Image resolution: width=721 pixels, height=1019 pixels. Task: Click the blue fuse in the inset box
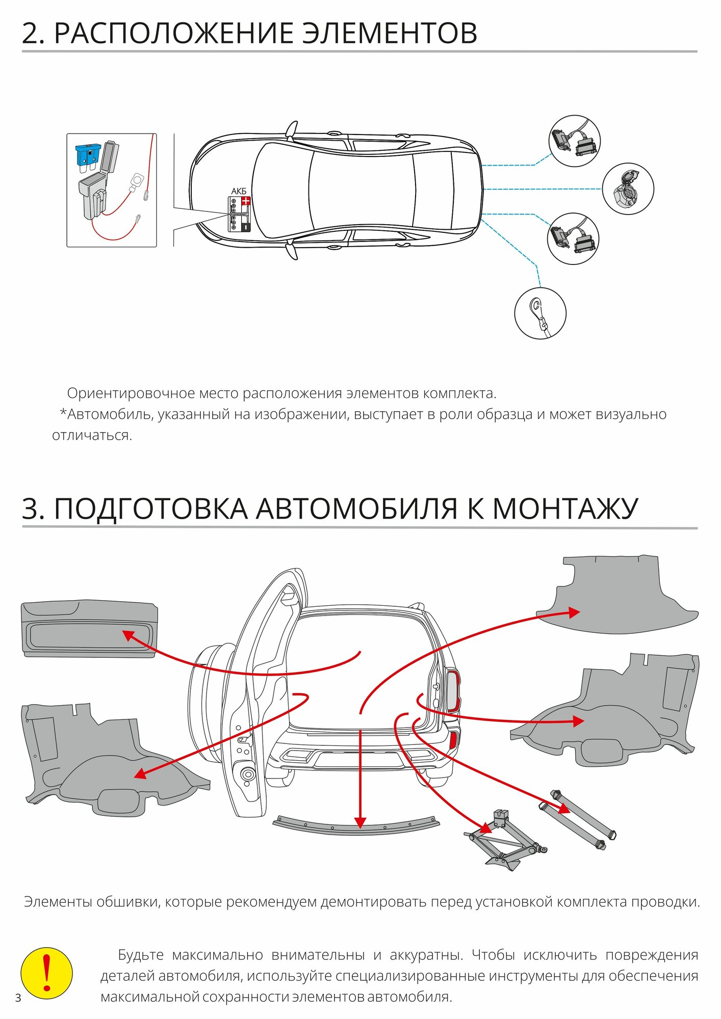(87, 154)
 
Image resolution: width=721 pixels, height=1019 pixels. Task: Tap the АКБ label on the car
(239, 191)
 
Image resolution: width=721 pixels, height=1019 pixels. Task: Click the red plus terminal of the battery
(246, 201)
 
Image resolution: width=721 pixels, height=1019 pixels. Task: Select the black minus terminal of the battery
(246, 227)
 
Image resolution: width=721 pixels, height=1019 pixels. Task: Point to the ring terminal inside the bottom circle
(536, 307)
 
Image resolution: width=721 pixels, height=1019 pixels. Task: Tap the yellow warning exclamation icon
(46, 973)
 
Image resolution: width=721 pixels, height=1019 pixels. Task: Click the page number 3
(18, 998)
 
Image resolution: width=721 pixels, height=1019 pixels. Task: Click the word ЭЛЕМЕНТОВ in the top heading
(390, 34)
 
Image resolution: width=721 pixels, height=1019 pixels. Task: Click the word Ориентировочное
(131, 393)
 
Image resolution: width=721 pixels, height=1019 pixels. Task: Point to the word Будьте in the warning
(141, 955)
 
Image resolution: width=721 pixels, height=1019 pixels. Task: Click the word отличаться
(92, 436)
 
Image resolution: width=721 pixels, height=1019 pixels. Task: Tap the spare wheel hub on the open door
(248, 774)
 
